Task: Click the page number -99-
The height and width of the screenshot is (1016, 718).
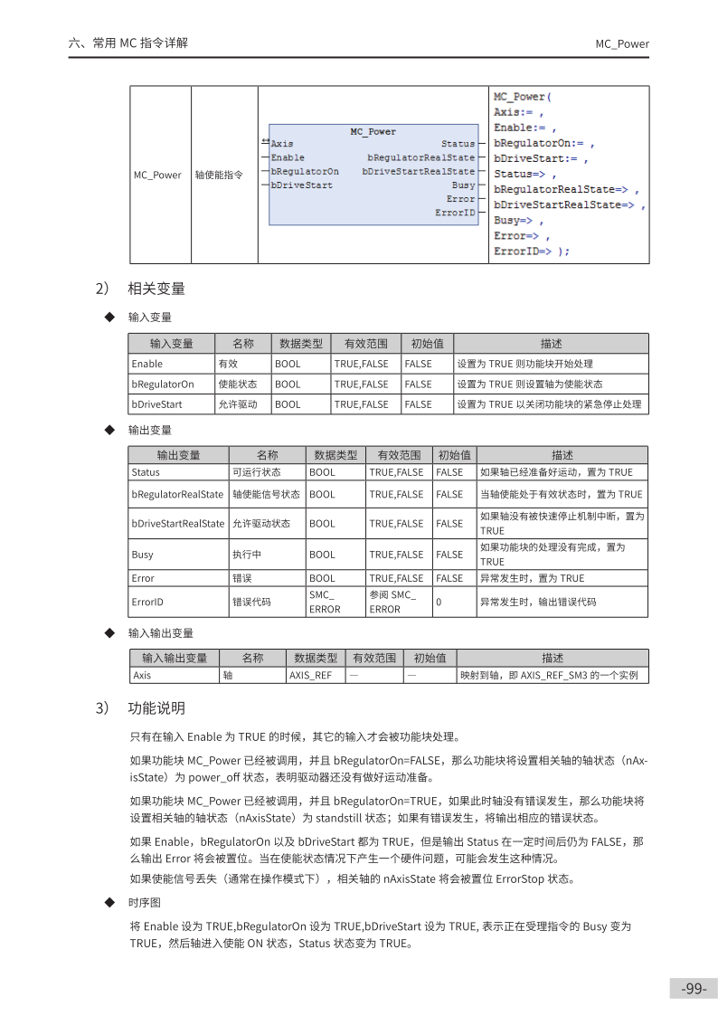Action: [694, 988]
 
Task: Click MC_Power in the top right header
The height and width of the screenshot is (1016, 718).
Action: [621, 43]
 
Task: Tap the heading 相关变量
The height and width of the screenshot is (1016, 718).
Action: [156, 289]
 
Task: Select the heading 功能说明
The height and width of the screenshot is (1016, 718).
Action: [156, 707]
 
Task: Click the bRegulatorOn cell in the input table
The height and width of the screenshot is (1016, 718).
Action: [163, 384]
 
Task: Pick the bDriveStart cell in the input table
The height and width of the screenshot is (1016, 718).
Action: [157, 404]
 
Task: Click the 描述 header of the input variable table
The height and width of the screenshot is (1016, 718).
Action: [551, 344]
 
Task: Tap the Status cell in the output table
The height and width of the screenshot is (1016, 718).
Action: [146, 472]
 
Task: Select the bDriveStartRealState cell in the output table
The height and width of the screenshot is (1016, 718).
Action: [177, 523]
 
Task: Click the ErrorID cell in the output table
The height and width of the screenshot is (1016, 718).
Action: [147, 601]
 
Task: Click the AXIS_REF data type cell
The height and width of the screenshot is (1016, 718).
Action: [310, 675]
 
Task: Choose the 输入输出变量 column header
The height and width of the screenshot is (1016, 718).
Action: [175, 658]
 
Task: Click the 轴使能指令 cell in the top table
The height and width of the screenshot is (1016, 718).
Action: [218, 175]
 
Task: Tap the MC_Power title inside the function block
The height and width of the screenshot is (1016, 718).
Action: [373, 132]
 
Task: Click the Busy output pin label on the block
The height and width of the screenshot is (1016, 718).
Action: [463, 185]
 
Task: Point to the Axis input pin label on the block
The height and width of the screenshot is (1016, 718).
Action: [282, 144]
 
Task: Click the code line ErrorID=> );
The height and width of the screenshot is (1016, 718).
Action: [532, 251]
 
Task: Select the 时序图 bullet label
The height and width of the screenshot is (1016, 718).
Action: [145, 902]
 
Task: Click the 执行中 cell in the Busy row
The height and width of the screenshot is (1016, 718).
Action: [243, 555]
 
